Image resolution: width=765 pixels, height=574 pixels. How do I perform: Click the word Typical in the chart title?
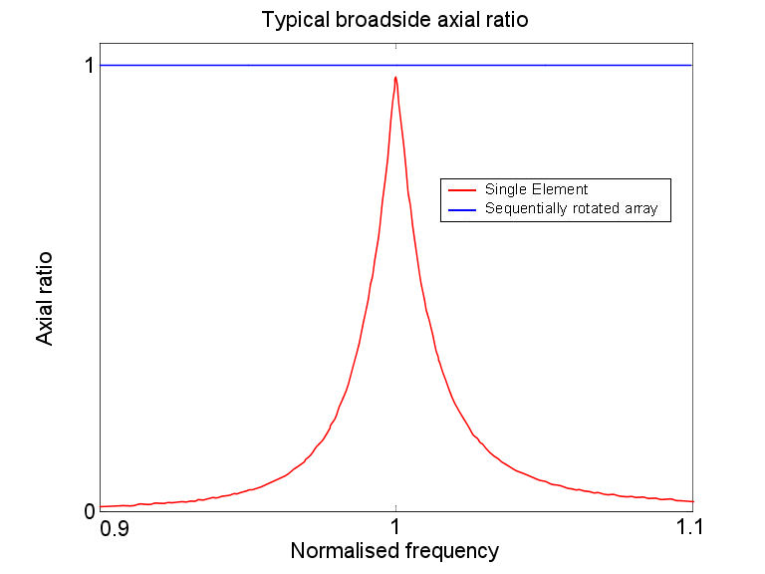click(292, 20)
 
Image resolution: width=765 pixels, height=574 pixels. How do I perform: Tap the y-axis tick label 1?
click(88, 66)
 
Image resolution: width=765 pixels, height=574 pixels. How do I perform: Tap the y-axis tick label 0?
click(88, 512)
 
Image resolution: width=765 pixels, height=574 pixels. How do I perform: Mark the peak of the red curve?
click(395, 77)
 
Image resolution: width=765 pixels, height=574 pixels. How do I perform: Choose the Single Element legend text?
click(537, 189)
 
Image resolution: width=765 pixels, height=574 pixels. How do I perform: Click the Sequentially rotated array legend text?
click(571, 209)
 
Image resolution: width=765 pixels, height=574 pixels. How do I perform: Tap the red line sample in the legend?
click(462, 189)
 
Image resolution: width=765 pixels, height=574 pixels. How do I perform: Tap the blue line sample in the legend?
click(462, 209)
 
